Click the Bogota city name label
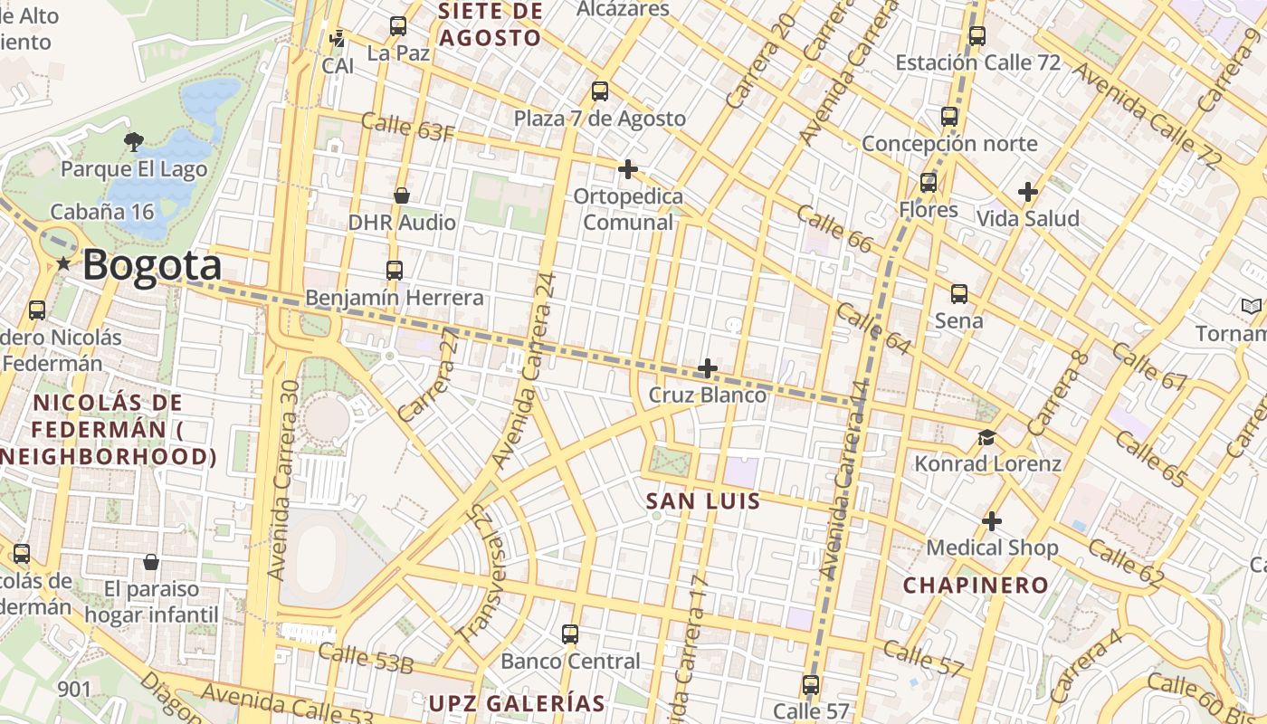coord(152,266)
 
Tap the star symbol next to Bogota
coord(63,264)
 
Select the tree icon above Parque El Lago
coord(133,141)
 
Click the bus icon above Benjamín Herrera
coord(394,270)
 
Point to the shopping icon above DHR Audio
coord(402,195)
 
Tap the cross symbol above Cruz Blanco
coord(708,368)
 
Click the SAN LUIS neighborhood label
coord(703,500)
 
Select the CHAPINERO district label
coord(976,585)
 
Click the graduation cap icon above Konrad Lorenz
coord(986,438)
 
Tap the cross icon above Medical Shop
coord(992,521)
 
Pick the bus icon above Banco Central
coord(570,634)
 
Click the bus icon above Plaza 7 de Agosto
coord(599,90)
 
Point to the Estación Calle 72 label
coord(977,62)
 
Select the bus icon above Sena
coord(959,294)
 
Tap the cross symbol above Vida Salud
coord(1027,192)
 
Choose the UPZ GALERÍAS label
coord(516,703)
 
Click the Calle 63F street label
coord(407,127)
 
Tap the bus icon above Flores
coord(929,183)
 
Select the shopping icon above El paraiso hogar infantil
coord(151,563)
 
